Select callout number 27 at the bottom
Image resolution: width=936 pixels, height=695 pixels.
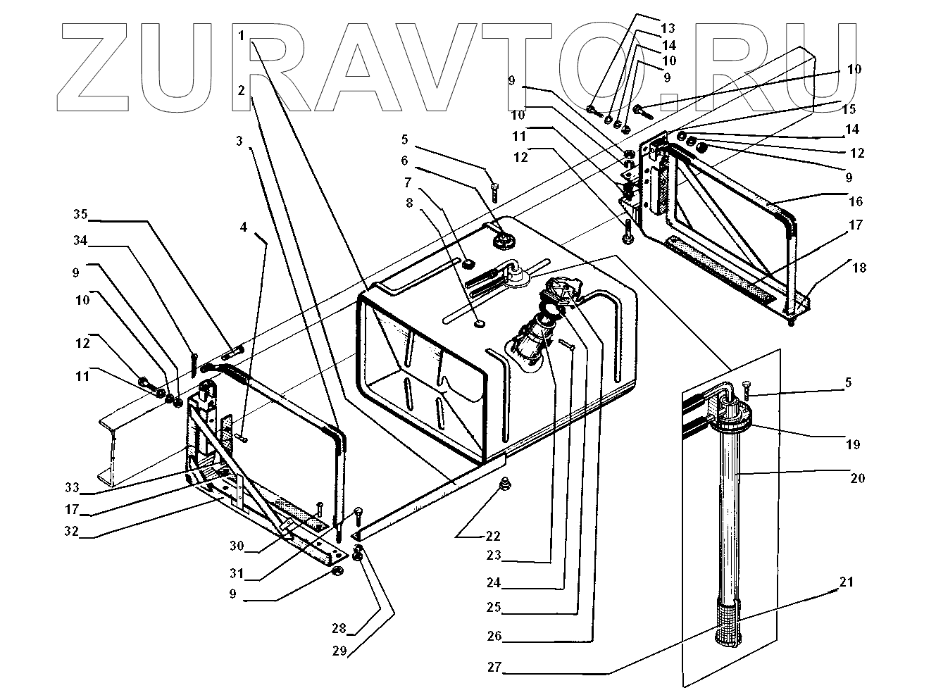(494, 667)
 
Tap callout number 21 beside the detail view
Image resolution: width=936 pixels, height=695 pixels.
(846, 582)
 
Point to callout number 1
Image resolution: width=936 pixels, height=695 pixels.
(242, 35)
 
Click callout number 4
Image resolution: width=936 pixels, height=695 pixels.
(243, 227)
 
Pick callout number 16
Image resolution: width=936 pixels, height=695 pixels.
(856, 201)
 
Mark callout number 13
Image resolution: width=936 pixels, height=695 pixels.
(668, 28)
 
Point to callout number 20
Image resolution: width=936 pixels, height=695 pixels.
(857, 478)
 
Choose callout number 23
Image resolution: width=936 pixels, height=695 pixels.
(493, 556)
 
